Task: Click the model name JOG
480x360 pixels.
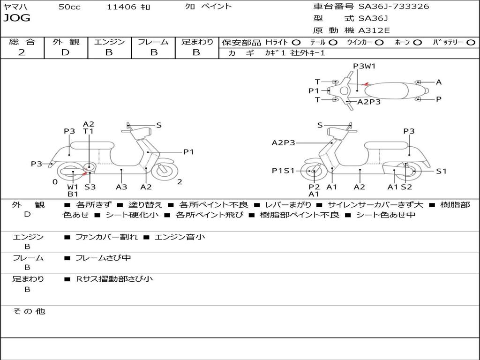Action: pos(17,18)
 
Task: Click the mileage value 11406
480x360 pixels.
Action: pos(121,7)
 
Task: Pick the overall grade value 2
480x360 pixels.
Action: pos(22,52)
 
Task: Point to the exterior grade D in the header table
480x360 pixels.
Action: pos(66,52)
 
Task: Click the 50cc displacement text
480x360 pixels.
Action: pos(69,7)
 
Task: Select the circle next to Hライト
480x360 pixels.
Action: pos(296,42)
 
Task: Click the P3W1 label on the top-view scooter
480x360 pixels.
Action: pos(364,66)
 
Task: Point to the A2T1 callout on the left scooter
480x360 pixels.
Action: pos(89,127)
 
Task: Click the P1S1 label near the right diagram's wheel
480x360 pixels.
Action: pos(283,171)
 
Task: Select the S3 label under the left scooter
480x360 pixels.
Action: pos(90,187)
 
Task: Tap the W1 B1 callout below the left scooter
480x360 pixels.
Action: pos(73,190)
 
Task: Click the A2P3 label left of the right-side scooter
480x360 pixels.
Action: pos(283,142)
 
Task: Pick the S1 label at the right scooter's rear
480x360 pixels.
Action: pos(441,171)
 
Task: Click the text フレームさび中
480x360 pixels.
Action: pos(103,258)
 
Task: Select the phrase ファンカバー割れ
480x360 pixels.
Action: pos(106,237)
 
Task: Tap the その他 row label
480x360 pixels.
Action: pos(29,311)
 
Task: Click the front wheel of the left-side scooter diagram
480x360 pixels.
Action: pos(164,171)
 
